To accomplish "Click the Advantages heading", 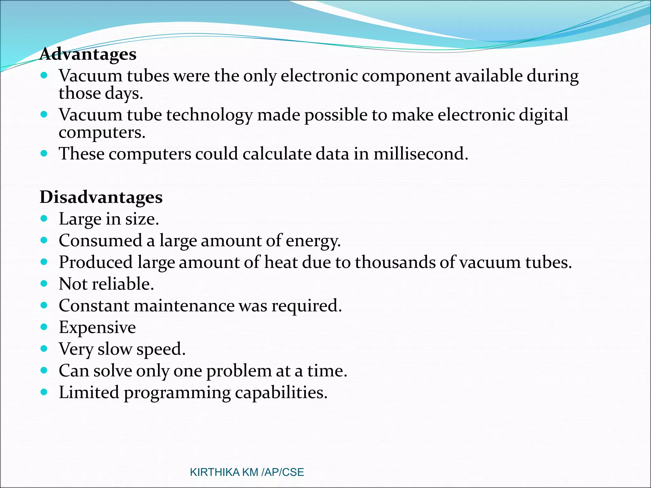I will pos(88,54).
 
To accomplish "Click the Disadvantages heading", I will pos(101,197).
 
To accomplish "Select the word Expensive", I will pos(97,328).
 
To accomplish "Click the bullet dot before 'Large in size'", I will pos(44,219).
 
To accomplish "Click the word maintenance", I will pos(184,306).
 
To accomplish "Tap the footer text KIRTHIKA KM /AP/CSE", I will pos(247,472).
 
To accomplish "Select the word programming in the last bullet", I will pos(177,393).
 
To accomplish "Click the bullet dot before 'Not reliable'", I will pos(44,283).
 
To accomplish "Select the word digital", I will pos(543,115).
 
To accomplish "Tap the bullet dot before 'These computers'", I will pos(44,154).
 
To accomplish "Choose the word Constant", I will pos(94,306).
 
